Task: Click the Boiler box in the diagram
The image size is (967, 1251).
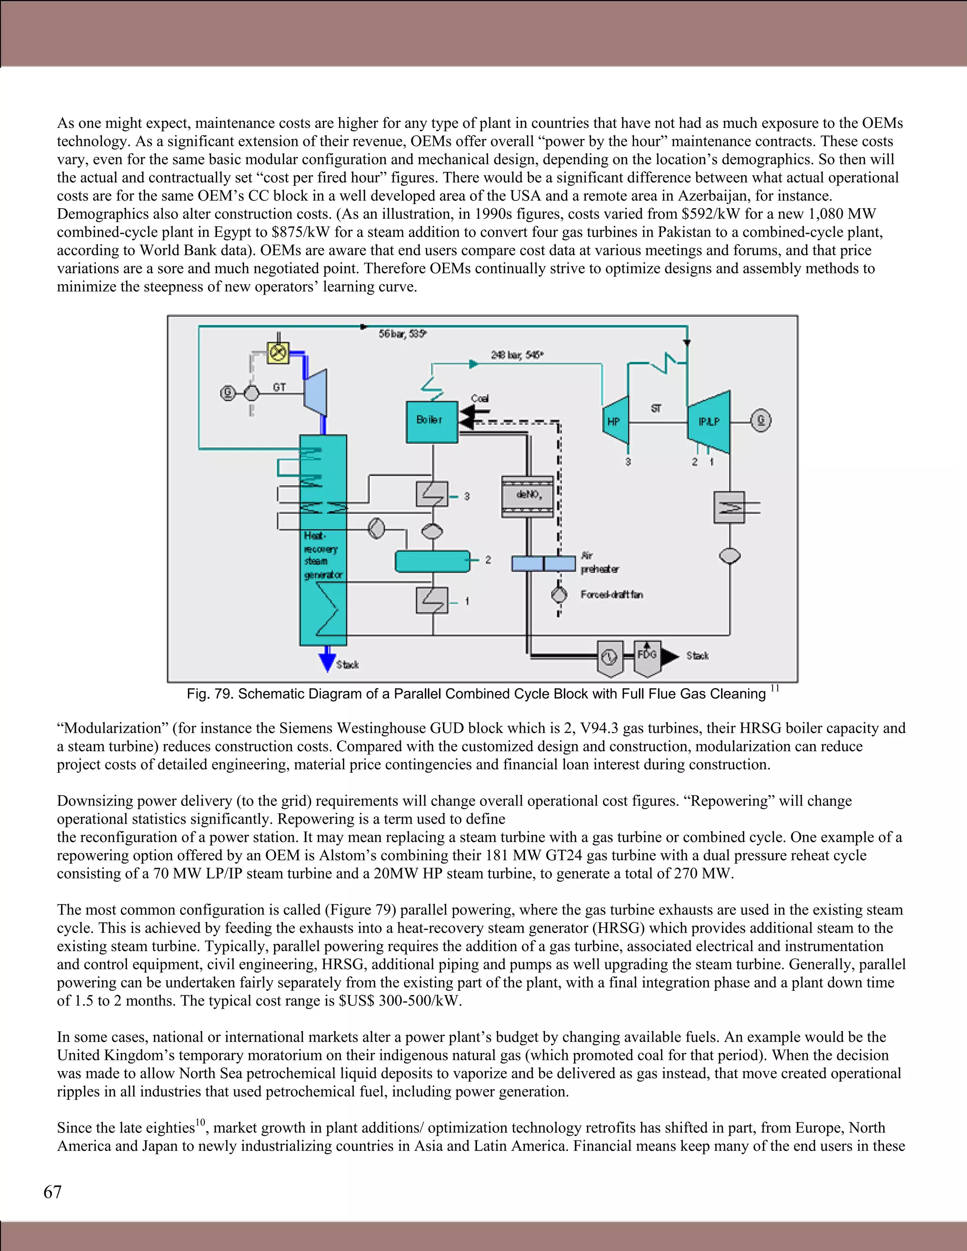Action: [432, 422]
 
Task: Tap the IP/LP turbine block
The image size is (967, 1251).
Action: [709, 421]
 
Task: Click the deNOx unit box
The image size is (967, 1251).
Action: [527, 496]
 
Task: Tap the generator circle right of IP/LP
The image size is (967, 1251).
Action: [761, 421]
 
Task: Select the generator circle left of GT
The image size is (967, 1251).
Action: [228, 393]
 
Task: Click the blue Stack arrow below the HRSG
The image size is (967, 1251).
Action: [327, 659]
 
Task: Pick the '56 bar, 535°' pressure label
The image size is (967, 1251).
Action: [402, 334]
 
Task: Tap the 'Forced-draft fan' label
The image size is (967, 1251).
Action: [611, 594]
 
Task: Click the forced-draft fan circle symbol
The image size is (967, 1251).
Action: [559, 594]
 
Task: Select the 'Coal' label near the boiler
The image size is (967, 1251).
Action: [480, 399]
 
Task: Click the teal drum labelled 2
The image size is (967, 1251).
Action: [432, 561]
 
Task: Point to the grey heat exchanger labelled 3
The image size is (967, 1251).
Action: [432, 494]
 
